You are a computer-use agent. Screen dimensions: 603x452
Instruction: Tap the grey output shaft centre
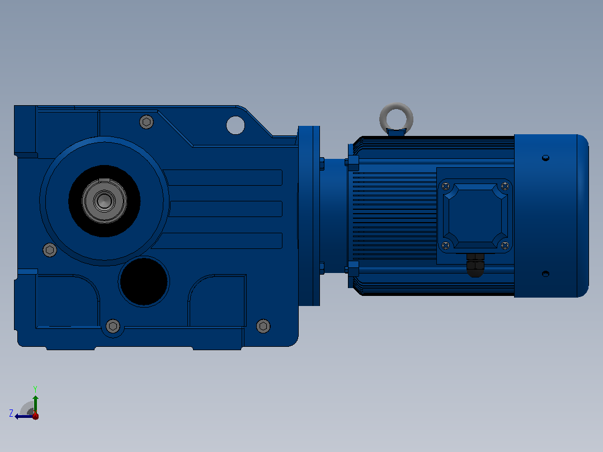pos(104,200)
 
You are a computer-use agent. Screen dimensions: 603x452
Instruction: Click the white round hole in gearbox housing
pos(235,125)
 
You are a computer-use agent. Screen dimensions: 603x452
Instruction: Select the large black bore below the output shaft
pos(144,281)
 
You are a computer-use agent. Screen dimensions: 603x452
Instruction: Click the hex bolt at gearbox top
pos(146,122)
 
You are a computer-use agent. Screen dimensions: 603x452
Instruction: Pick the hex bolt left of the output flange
pos(50,250)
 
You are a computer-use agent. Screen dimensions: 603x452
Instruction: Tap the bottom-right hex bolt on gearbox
pos(263,326)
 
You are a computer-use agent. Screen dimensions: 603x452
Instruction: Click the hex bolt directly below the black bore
pos(112,326)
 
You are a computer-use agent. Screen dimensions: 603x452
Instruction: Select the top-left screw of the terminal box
pos(446,186)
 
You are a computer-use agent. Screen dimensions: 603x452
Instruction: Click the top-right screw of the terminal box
pos(505,186)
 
